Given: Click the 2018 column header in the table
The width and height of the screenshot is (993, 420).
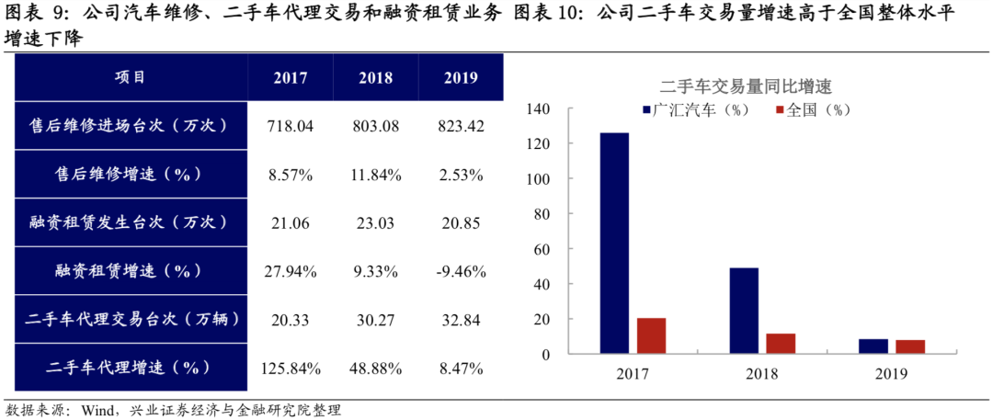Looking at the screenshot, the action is [375, 78].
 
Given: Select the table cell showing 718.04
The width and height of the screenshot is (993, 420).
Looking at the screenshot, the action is [291, 126].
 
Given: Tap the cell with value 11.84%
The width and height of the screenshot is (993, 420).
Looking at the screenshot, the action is [375, 175].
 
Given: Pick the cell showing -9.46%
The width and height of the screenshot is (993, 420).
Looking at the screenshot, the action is [461, 272].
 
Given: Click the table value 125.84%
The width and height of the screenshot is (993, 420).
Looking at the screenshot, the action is [291, 368].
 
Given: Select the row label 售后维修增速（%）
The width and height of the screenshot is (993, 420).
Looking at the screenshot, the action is [131, 175].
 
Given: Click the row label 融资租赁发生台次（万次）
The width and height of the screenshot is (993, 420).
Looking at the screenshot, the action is [131, 223].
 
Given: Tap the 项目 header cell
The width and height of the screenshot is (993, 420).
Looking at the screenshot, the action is [131, 77].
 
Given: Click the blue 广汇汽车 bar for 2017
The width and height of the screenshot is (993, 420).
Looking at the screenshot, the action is [615, 244].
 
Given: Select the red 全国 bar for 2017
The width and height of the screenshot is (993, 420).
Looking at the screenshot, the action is [651, 336].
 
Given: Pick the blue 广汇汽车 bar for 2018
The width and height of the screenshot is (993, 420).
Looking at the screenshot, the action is [744, 311].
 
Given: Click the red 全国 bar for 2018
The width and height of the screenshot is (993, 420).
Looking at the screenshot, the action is [781, 344].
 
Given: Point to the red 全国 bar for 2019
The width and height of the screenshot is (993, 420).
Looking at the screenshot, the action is [910, 347].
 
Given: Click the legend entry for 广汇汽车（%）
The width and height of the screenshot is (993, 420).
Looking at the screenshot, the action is [694, 109].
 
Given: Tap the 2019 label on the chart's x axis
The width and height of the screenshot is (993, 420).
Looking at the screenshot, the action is [891, 374].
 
